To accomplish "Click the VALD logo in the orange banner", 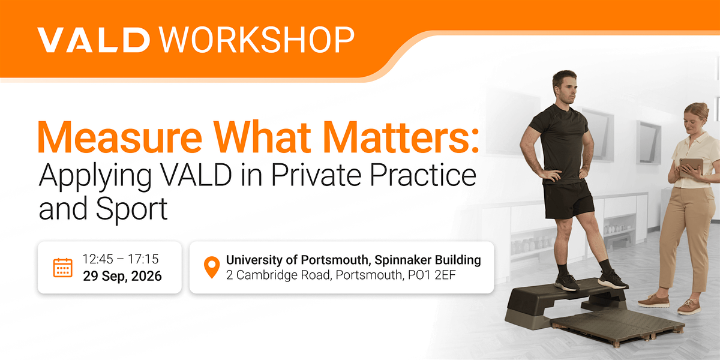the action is [94, 40].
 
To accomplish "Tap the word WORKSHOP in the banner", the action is [257, 40].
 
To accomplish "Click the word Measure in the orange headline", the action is [120, 137].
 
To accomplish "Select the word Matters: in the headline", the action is [401, 137].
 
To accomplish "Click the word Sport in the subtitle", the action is [131, 209].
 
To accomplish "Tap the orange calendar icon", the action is [62, 268].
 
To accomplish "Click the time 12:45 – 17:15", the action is [121, 259].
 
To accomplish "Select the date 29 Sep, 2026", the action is [122, 276].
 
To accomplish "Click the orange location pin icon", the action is [212, 267].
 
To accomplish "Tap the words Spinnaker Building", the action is [427, 260].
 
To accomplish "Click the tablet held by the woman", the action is [691, 167].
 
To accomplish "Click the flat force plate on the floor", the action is [617, 327].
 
